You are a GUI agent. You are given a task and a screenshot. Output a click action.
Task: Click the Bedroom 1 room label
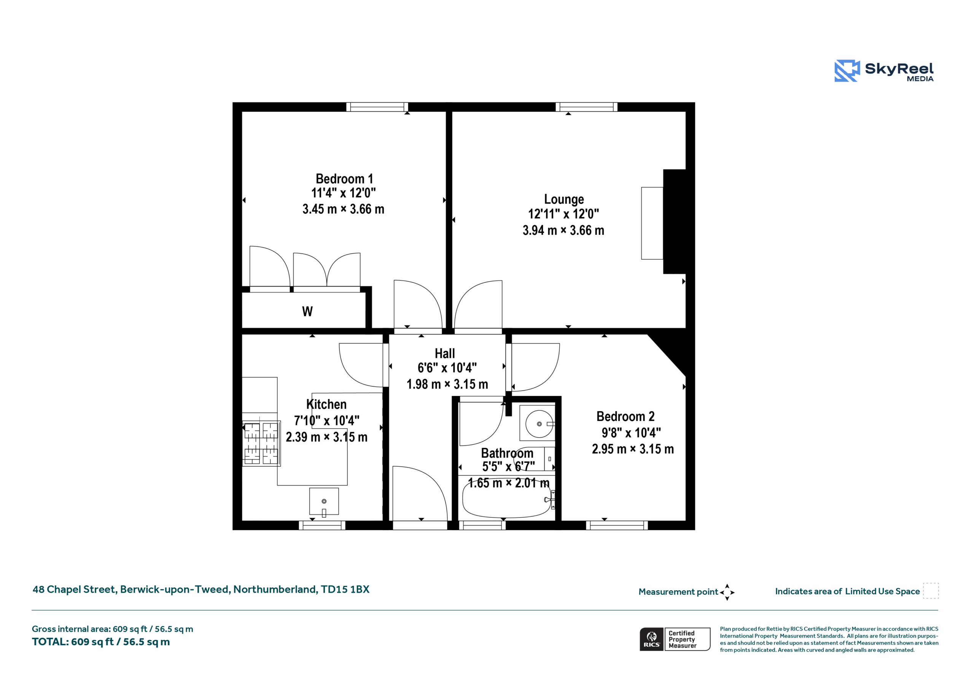(344, 179)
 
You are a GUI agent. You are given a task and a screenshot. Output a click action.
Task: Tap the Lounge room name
(564, 199)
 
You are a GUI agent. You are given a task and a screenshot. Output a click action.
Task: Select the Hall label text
(445, 353)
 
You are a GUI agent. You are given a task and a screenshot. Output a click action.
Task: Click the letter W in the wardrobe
(307, 312)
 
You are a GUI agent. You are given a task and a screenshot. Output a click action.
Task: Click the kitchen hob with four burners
(261, 443)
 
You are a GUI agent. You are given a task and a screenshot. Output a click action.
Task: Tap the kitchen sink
(324, 502)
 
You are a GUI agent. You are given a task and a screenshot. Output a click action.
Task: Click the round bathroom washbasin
(539, 424)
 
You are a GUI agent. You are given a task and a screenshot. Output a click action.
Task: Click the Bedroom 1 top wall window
(377, 107)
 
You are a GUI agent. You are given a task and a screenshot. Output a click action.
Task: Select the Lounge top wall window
(587, 107)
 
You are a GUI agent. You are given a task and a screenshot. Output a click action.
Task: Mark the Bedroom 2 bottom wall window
(617, 525)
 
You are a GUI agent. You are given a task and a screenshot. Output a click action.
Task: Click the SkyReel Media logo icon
(847, 70)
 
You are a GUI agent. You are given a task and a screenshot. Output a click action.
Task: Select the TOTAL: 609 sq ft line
(101, 642)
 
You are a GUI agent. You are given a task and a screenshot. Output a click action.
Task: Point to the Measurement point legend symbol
(727, 592)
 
